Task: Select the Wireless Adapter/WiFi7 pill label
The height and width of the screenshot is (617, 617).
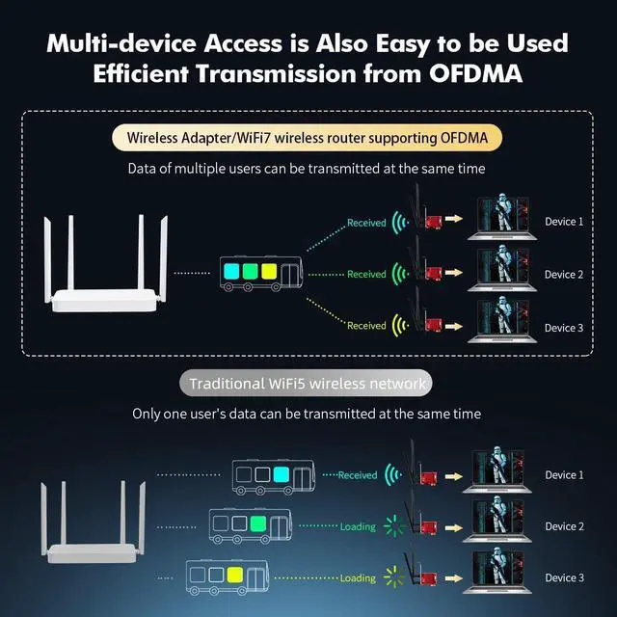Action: coord(308,139)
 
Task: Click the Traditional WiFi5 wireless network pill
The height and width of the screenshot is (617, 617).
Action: coord(308,384)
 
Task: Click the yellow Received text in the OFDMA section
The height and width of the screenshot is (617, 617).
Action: coord(366,326)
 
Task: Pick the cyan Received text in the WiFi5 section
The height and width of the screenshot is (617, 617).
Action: coord(358,475)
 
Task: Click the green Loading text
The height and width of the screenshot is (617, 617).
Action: coord(358,527)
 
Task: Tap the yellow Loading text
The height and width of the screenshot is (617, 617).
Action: coord(358,578)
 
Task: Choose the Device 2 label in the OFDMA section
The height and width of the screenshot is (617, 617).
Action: coord(564,275)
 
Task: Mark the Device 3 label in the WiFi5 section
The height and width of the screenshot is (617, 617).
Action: coord(564,578)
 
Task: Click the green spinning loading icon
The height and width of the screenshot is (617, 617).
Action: coord(393,527)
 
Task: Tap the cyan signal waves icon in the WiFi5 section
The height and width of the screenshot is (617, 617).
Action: coord(392,475)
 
